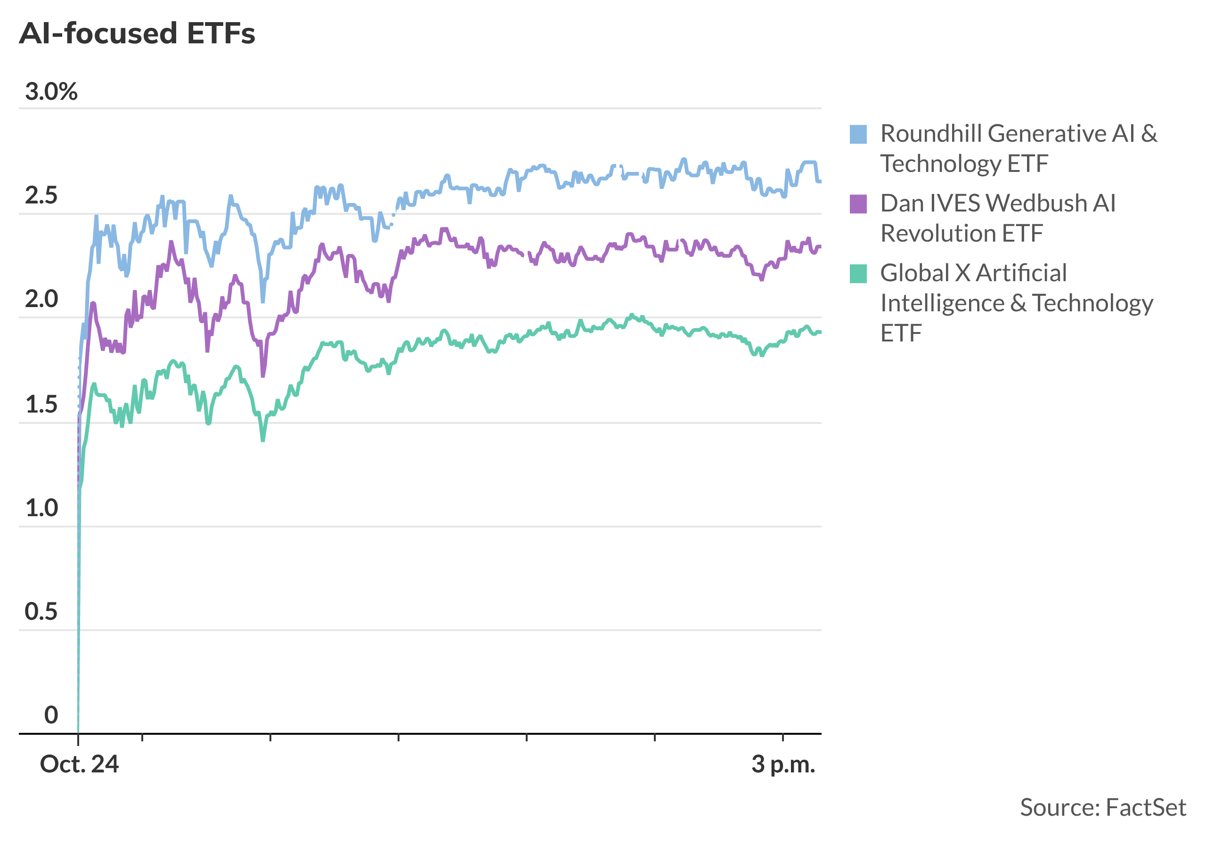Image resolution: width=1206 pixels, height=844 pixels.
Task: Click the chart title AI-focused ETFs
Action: [x=137, y=33]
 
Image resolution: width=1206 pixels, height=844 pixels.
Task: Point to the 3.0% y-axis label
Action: [x=51, y=92]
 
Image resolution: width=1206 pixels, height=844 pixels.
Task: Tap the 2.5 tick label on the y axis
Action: [x=41, y=196]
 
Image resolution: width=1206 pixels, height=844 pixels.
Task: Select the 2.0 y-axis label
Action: [x=41, y=300]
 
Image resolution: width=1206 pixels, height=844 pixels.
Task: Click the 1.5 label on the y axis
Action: [x=41, y=405]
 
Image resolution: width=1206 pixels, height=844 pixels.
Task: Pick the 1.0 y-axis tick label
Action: [x=41, y=508]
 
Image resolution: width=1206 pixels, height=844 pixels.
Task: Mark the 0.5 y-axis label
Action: [x=41, y=612]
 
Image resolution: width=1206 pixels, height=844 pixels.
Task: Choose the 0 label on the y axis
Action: [x=51, y=715]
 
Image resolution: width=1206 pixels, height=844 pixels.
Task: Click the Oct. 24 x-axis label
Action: [x=79, y=765]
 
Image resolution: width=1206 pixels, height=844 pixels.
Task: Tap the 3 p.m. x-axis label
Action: [x=783, y=765]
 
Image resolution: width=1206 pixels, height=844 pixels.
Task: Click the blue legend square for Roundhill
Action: [x=858, y=134]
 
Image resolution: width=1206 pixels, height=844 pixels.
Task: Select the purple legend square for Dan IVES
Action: [x=858, y=204]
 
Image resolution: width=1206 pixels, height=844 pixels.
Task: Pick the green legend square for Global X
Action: [x=858, y=274]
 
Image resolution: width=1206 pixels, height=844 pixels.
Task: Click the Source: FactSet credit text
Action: [x=1102, y=807]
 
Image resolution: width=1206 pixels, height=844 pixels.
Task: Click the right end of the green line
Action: [x=820, y=332]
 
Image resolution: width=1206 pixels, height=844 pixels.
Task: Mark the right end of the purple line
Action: [x=820, y=246]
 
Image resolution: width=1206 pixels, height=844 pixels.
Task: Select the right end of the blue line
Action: [x=820, y=181]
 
